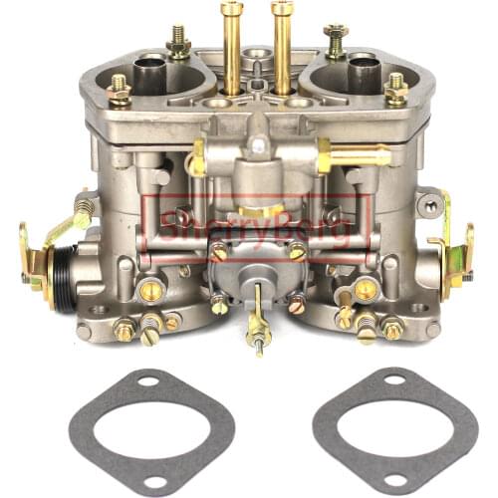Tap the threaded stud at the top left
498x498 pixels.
coord(179,42)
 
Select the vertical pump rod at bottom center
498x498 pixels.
coord(258,309)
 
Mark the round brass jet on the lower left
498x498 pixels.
coord(151,291)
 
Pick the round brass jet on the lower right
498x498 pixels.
coord(366,290)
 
